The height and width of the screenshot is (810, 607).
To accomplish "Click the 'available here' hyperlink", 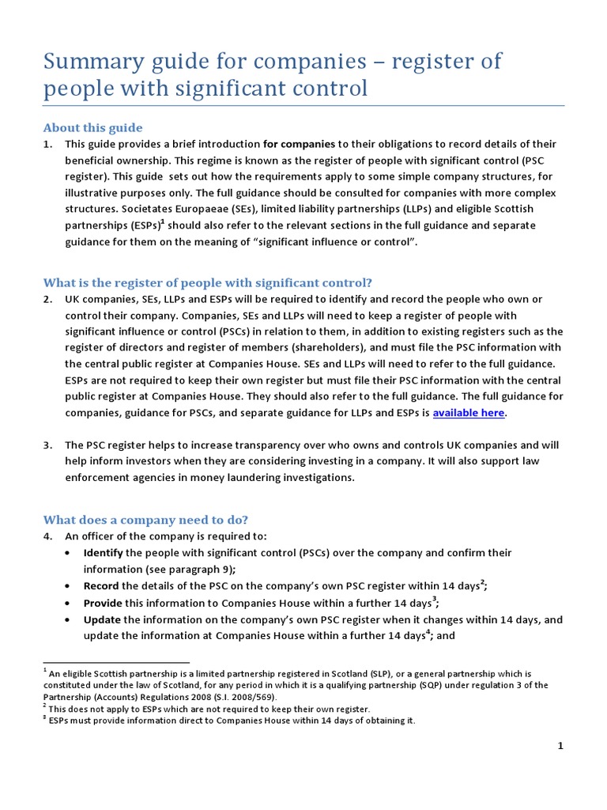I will [x=468, y=413].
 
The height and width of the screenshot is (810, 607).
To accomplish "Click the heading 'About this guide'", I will [x=92, y=127].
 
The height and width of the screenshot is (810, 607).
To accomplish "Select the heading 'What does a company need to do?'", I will [x=145, y=520].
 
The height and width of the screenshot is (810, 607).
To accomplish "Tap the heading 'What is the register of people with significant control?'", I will [x=207, y=282].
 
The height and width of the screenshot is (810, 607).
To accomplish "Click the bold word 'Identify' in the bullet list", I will [x=104, y=553].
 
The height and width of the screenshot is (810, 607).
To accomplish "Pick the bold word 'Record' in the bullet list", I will [x=102, y=586].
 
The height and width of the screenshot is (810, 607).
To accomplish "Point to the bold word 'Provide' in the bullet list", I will [x=104, y=603].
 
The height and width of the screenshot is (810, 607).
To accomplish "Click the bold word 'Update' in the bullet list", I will [x=103, y=619].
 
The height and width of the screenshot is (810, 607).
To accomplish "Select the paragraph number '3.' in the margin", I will [x=48, y=445].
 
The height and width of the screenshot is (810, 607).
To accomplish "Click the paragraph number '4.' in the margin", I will [x=48, y=536].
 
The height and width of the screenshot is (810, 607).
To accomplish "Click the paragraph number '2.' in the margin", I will [x=48, y=299].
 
